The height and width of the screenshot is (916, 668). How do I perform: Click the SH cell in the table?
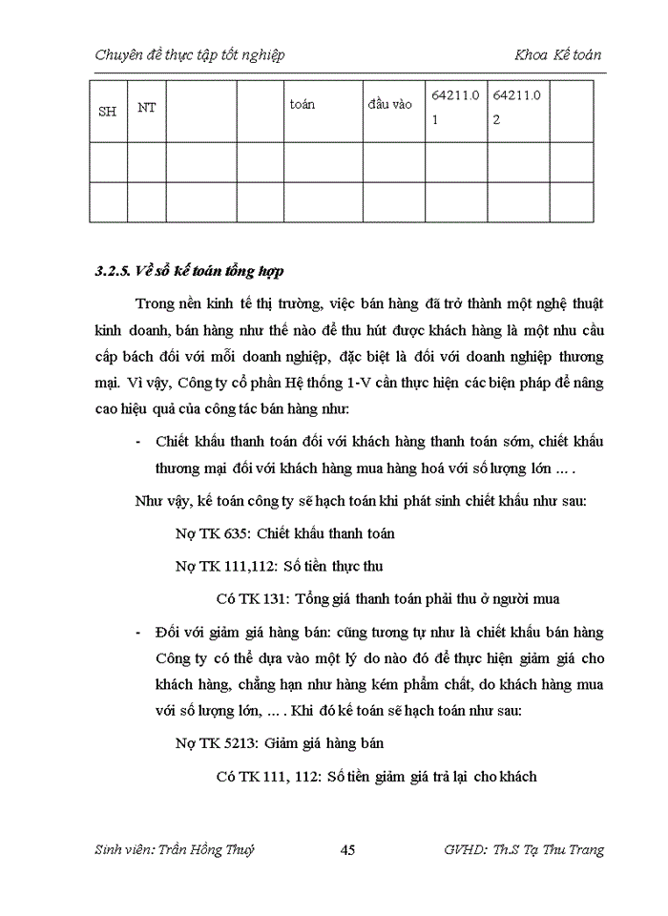tap(108, 112)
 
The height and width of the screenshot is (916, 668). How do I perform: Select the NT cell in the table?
tap(146, 107)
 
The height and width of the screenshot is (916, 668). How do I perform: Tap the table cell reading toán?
tap(303, 104)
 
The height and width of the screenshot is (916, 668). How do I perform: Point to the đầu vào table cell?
tap(389, 104)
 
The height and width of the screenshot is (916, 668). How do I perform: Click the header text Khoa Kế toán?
tap(557, 54)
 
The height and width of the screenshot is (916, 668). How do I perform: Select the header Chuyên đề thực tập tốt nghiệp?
tap(190, 54)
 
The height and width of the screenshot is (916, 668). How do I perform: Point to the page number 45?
tap(347, 850)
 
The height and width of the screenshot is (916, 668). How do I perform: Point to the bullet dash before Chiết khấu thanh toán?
tap(139, 442)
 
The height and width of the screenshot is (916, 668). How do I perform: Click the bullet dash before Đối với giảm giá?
tap(139, 633)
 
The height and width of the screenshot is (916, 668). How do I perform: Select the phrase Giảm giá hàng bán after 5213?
tap(324, 743)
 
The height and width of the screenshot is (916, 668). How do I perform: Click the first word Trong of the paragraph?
tap(155, 303)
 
